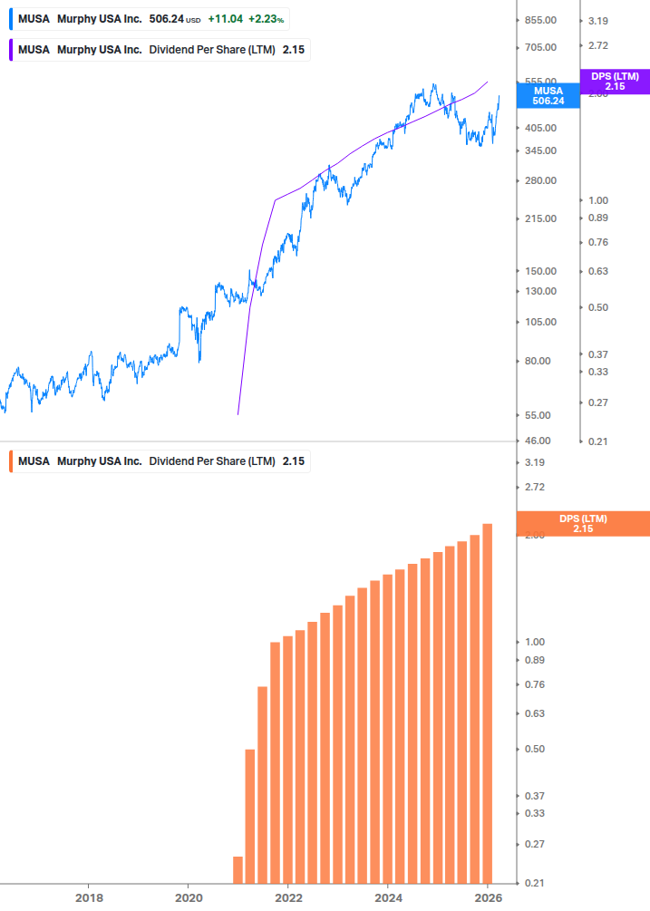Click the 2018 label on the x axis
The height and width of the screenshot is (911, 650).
88,897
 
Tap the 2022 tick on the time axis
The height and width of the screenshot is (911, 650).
287,897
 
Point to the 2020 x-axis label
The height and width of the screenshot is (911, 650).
188,897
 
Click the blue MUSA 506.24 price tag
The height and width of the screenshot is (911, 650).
548,96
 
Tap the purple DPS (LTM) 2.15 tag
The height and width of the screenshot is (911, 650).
615,82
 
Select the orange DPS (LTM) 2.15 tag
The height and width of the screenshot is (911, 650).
582,523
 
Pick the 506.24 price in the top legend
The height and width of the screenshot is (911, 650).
167,19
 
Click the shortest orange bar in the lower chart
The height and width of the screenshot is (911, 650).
238,869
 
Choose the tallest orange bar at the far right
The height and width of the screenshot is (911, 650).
487,703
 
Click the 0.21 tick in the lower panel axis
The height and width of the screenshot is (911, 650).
534,883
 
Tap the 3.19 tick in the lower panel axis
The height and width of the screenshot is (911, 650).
534,462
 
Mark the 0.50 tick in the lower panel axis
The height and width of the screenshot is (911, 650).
534,749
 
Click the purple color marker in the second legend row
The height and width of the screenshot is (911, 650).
10,50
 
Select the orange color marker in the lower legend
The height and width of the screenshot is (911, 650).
10,461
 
